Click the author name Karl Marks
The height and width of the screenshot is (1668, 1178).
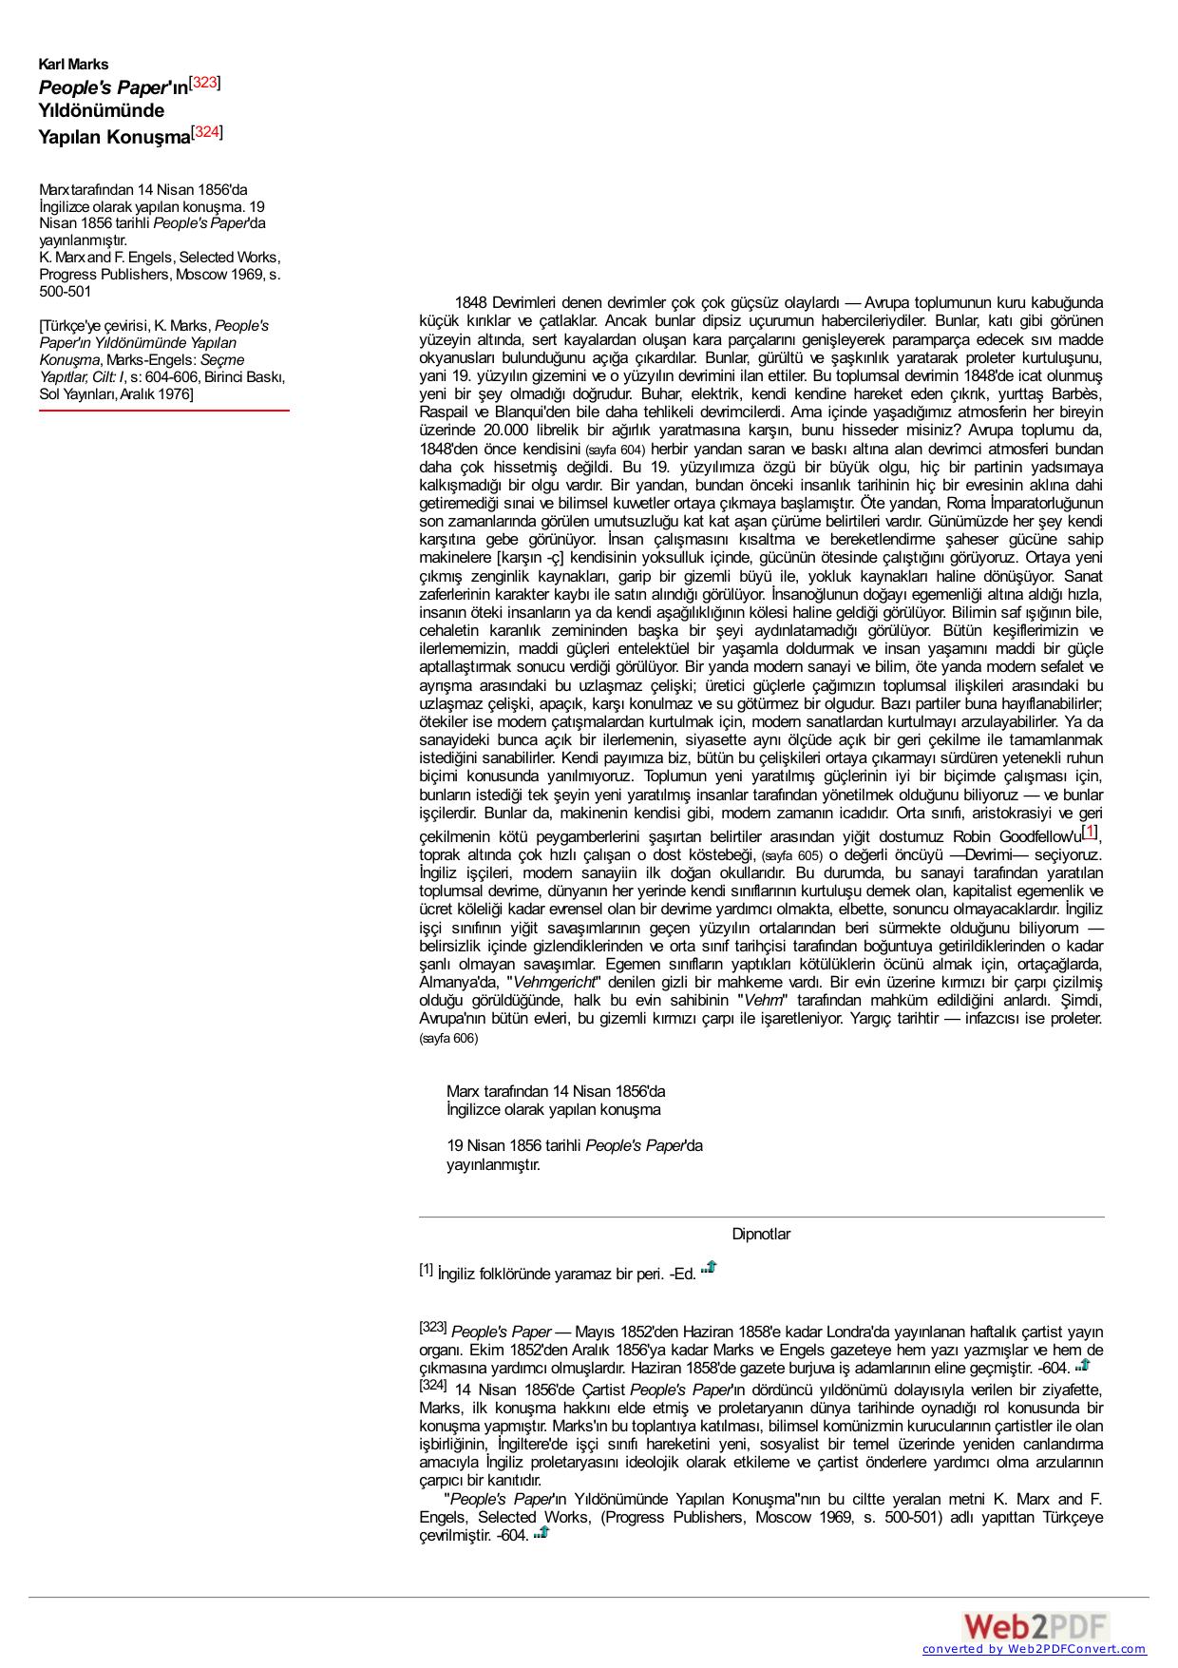tap(73, 65)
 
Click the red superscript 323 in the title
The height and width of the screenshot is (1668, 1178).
tap(205, 83)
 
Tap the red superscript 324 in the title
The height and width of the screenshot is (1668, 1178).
tap(207, 132)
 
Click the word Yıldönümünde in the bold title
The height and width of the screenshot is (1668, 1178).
tap(101, 110)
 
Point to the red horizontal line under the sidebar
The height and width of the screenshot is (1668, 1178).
tap(163, 411)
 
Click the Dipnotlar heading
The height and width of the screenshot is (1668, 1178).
tap(760, 1234)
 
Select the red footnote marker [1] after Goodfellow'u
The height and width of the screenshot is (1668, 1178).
tap(1090, 833)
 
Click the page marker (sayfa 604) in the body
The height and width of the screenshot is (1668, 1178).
tap(615, 450)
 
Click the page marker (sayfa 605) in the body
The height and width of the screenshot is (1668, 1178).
tap(791, 855)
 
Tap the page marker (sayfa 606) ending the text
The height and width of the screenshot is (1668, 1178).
tap(448, 1039)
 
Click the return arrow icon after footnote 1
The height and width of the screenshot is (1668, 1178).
tap(709, 1268)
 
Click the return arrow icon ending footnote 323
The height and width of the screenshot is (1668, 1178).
tap(1082, 1366)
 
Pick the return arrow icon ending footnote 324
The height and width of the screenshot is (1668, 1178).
tap(541, 1532)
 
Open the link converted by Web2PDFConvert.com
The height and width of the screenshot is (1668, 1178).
tap(1034, 1650)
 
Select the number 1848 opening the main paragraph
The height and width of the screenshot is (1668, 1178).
tap(470, 303)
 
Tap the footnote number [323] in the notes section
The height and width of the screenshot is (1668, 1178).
tap(432, 1328)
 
